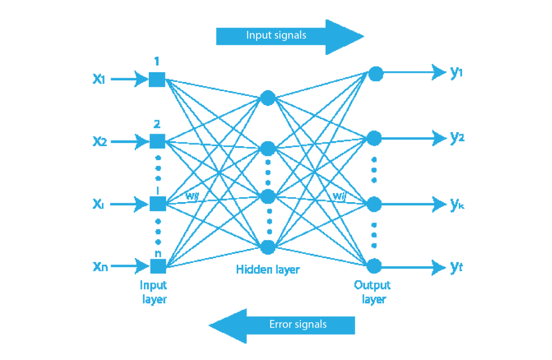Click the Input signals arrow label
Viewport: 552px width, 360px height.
pos(276,36)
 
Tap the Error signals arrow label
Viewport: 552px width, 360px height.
pos(298,324)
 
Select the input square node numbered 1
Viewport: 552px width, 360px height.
pos(157,79)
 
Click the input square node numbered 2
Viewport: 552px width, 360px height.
pos(157,141)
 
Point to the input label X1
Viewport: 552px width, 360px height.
pos(99,79)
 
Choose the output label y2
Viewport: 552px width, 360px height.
pos(457,138)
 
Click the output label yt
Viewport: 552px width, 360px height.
pos(456,266)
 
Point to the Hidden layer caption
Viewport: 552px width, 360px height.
pos(267,269)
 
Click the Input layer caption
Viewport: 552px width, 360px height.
pos(154,292)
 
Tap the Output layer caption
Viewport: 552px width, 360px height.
pos(372,292)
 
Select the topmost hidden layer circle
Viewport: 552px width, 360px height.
pos(268,98)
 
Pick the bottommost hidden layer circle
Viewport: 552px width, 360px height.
pos(268,247)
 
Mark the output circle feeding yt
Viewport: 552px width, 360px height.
pos(374,266)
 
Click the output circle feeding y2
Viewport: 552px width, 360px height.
pos(374,139)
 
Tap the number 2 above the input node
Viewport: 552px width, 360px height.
pos(157,124)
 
